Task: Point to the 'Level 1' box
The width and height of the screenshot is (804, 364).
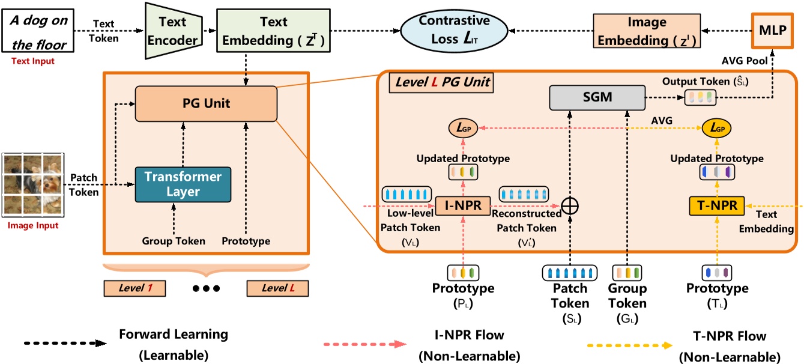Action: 134,288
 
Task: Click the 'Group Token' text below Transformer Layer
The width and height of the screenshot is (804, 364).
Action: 173,241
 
